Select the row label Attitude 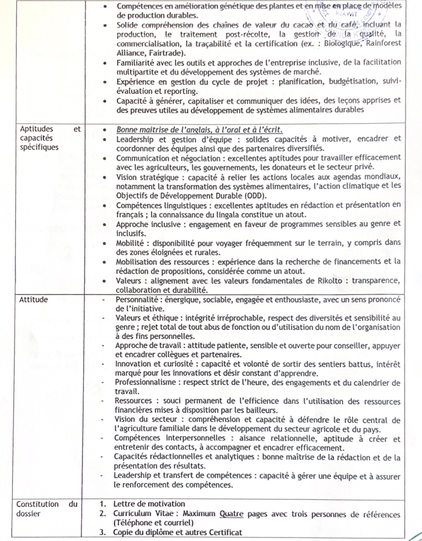34,300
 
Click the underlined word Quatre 232,514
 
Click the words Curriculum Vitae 144,514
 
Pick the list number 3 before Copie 103,532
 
